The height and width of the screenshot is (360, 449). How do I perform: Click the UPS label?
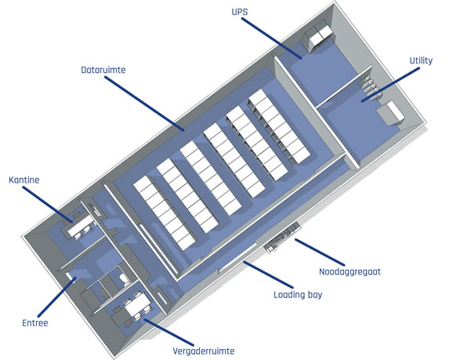pyautogui.click(x=240, y=12)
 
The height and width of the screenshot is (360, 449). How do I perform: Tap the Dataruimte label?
pyautogui.click(x=103, y=70)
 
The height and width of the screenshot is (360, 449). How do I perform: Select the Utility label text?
pyautogui.click(x=421, y=60)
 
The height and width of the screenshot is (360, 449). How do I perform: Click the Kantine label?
pyautogui.click(x=24, y=180)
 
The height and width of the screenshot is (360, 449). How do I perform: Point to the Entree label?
pyautogui.click(x=35, y=323)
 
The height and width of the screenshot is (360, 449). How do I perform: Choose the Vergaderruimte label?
pyautogui.click(x=204, y=351)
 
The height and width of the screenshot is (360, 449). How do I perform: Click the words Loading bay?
pyautogui.click(x=298, y=295)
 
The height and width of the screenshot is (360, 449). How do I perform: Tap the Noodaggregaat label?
pyautogui.click(x=350, y=271)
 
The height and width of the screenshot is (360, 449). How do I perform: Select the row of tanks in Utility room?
pyautogui.click(x=371, y=88)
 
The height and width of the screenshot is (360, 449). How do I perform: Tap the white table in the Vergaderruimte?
pyautogui.click(x=137, y=304)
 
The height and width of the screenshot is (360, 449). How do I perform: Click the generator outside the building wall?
pyautogui.click(x=282, y=237)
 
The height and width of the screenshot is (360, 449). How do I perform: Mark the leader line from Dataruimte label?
pyautogui.click(x=145, y=104)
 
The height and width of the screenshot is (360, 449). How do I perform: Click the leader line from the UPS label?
pyautogui.click(x=272, y=38)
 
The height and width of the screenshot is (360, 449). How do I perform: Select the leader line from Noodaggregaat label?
pyautogui.click(x=320, y=253)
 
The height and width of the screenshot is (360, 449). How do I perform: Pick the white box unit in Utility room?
pyautogui.click(x=390, y=113)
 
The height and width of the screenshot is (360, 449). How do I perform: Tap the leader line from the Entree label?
pyautogui.click(x=56, y=297)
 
